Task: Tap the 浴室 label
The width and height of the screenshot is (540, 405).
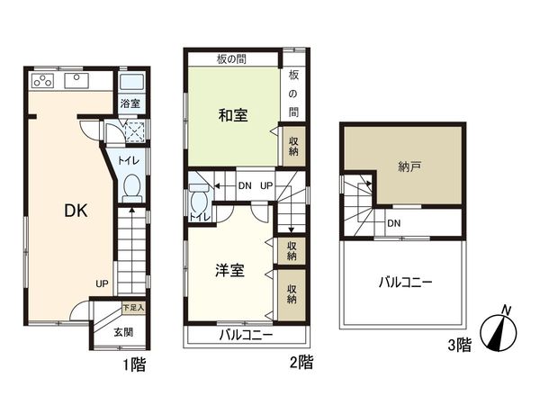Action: click(x=130, y=103)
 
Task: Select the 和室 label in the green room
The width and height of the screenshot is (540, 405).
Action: click(x=233, y=115)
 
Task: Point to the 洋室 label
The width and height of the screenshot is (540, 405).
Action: click(x=229, y=271)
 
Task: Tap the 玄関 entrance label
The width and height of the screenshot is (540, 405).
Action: click(x=123, y=332)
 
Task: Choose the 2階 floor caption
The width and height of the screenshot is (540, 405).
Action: click(x=301, y=364)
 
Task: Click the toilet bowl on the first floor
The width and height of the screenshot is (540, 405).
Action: click(x=131, y=190)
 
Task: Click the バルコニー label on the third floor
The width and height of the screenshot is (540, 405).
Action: click(x=404, y=282)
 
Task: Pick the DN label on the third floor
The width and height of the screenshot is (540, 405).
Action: click(x=393, y=223)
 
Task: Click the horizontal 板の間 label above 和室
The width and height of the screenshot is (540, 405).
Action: click(x=232, y=59)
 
